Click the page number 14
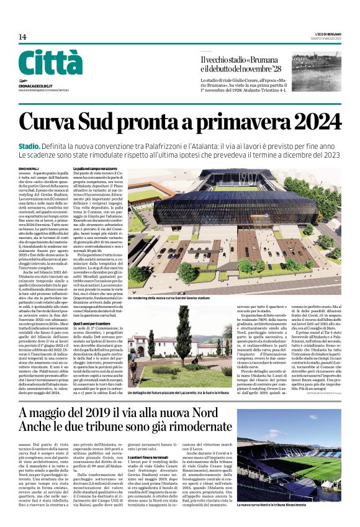(22, 37)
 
